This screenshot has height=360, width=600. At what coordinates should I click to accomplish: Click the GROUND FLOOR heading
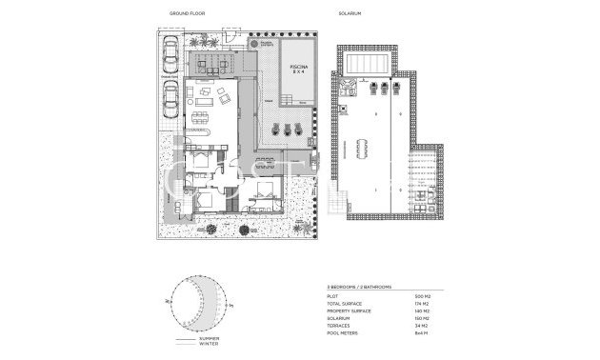click(187, 14)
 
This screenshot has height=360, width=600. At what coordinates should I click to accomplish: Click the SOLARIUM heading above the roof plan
click(349, 14)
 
